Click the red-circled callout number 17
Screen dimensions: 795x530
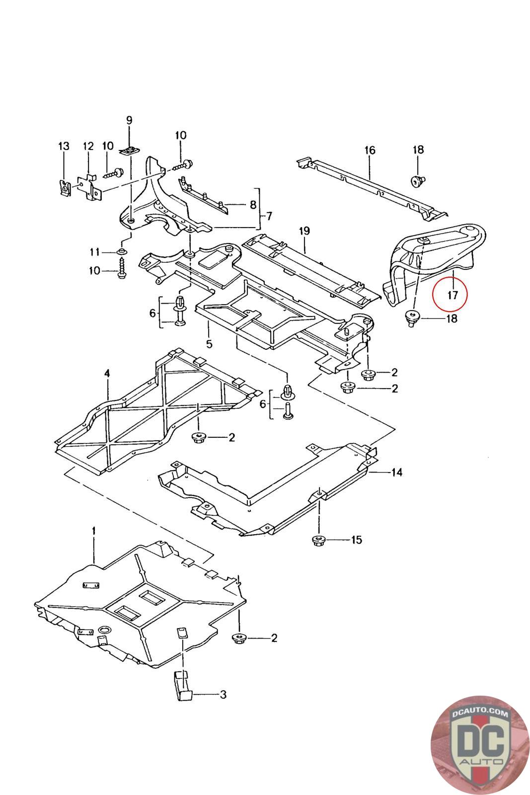point(452,295)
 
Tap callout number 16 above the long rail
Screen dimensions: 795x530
point(370,150)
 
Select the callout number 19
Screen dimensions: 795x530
point(304,231)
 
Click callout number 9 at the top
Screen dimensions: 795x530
point(129,120)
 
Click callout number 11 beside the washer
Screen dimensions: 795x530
point(95,252)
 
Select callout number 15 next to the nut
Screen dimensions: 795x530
point(356,540)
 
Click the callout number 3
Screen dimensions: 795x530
point(223,694)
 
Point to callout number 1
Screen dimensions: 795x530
point(93,531)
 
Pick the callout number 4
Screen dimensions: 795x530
point(106,372)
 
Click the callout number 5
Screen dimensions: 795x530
point(209,343)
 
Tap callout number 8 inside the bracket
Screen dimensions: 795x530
point(253,204)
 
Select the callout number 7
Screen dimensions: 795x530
point(269,216)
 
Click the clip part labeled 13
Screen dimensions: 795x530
point(64,187)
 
